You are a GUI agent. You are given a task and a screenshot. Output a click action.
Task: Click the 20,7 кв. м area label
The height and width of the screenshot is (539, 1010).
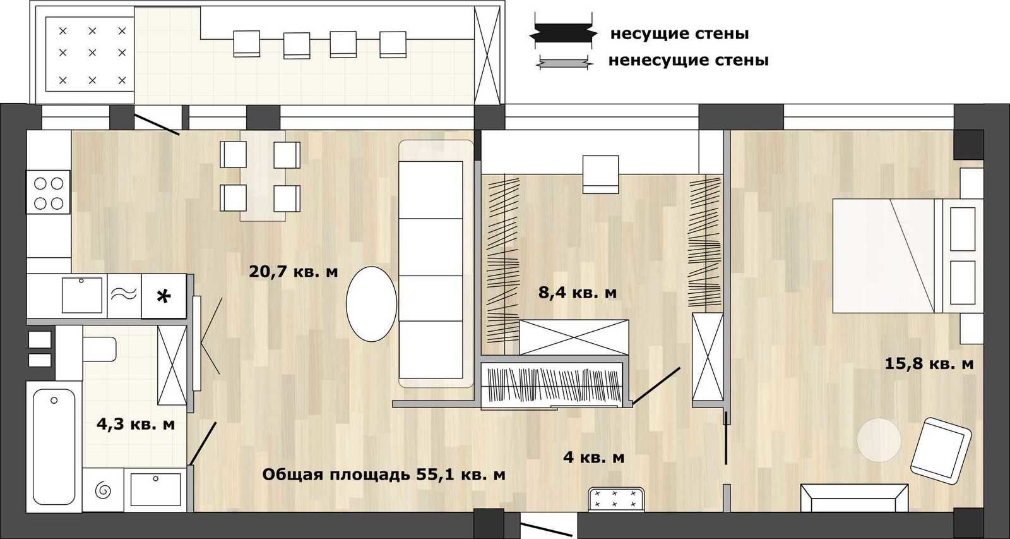[293, 272]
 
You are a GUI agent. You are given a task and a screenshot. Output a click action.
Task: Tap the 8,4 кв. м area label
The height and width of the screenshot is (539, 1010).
[578, 293]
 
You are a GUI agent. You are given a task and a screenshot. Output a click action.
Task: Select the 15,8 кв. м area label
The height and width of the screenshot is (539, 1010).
[929, 363]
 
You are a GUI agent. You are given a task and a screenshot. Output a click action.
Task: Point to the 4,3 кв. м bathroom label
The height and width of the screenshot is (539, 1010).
[136, 425]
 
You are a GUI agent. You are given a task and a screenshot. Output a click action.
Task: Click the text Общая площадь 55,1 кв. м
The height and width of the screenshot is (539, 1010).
[384, 475]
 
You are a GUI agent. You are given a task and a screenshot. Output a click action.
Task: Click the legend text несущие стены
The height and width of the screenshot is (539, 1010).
[679, 34]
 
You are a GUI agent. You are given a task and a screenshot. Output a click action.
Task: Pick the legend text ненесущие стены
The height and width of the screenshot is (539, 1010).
[689, 60]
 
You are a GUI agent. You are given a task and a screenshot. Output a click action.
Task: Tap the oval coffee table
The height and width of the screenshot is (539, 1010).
[372, 304]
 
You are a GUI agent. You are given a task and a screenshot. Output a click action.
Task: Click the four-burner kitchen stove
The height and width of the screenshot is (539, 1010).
[48, 192]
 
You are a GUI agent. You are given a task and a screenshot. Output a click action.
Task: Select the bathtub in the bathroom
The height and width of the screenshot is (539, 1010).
[54, 447]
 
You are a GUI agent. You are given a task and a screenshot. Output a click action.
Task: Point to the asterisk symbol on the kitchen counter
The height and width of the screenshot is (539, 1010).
[163, 296]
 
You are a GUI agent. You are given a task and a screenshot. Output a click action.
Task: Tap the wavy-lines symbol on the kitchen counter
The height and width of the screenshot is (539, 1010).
[124, 294]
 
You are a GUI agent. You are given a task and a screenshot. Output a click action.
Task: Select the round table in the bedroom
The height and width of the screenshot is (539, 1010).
[879, 440]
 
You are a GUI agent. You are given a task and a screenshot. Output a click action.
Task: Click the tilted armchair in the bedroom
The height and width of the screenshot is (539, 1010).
[941, 451]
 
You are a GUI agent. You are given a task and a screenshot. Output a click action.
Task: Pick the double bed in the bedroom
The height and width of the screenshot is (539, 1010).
[907, 255]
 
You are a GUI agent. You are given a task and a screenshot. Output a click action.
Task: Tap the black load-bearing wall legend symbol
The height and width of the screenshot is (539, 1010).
[563, 34]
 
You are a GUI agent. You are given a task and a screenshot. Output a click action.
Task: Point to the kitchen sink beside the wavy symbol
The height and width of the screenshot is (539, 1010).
[81, 295]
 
